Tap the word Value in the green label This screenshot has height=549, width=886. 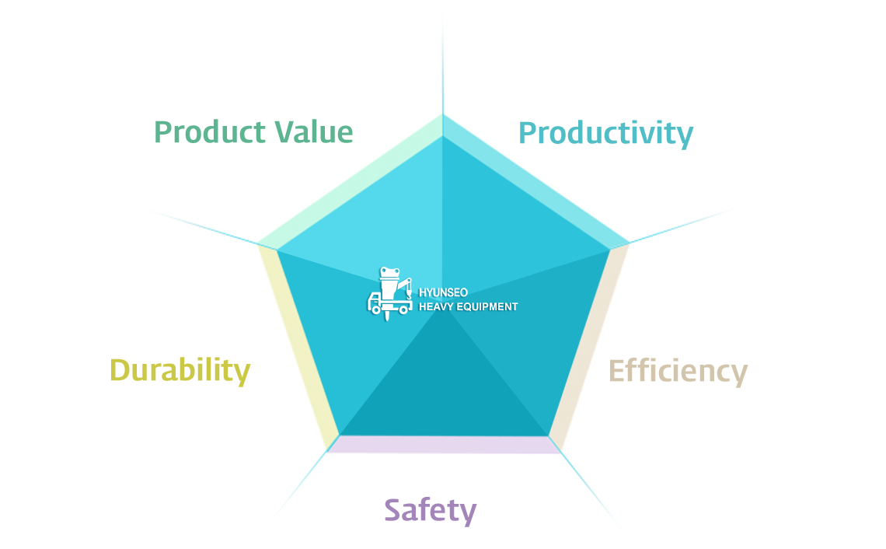pyautogui.click(x=314, y=132)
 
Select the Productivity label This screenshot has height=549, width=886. pyautogui.click(x=605, y=135)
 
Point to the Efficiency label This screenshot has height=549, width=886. pyautogui.click(x=678, y=372)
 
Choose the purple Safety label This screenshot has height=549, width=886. pyautogui.click(x=431, y=511)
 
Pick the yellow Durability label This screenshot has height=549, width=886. pyautogui.click(x=180, y=371)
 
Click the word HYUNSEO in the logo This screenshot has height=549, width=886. pyautogui.click(x=443, y=292)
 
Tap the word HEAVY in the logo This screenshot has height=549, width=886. pyautogui.click(x=434, y=306)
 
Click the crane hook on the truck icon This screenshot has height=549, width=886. pyautogui.click(x=409, y=294)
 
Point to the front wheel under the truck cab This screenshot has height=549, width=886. pyautogui.click(x=375, y=309)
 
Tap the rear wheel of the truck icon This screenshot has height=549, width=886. pyautogui.click(x=403, y=309)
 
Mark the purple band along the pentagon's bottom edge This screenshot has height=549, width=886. pyautogui.click(x=444, y=444)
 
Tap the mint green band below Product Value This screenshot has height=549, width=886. pyautogui.click(x=351, y=182)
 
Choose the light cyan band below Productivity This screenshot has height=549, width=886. pyautogui.click(x=535, y=182)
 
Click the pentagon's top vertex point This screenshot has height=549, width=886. pyautogui.click(x=443, y=115)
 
